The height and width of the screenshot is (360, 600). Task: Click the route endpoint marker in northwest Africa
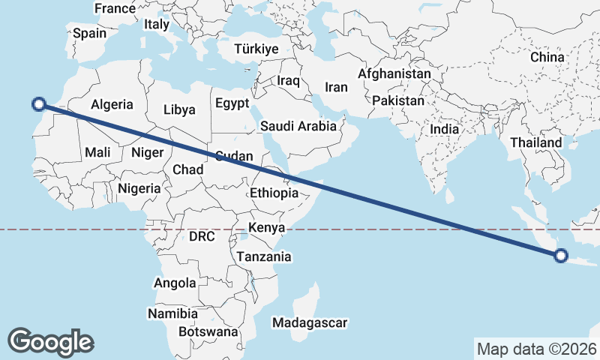coord(39,105)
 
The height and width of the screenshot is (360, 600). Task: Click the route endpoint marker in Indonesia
coord(561,256)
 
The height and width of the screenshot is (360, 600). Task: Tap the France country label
coord(114,9)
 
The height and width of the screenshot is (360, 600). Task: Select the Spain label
coord(89,33)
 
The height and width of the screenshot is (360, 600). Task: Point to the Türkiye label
coord(256,49)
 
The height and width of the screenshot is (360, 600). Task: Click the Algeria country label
coord(112,105)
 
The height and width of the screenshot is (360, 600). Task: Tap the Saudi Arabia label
coord(298,126)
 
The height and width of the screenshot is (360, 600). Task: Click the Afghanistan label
coord(394,74)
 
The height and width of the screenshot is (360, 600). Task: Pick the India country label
coord(444,129)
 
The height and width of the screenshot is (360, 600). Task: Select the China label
coord(547,57)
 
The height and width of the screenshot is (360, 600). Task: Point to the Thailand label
coord(535,142)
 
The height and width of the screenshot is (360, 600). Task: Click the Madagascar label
coord(310,322)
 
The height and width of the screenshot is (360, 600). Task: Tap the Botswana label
coord(208,331)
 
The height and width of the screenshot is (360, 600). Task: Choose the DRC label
coord(202,236)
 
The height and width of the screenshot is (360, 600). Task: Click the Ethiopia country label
coord(274,193)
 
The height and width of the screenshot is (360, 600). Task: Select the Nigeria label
coord(139,188)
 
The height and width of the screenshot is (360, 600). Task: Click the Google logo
coord(50,341)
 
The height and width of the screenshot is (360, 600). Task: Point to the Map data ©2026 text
coord(536,349)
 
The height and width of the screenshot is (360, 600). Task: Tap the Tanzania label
coord(264,256)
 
